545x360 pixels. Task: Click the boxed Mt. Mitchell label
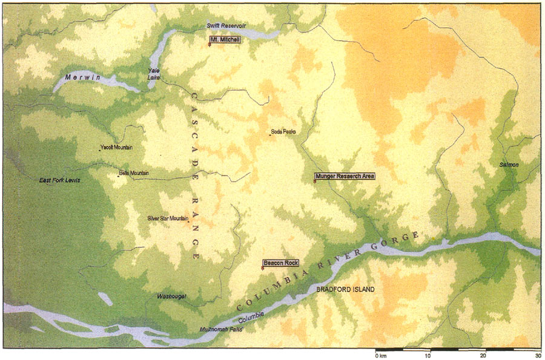[225, 39]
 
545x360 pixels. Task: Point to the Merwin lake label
[82, 77]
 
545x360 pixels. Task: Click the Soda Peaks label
[283, 131]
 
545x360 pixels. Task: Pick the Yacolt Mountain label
[117, 147]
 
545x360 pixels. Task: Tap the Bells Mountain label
[134, 173]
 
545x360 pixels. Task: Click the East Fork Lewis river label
[60, 180]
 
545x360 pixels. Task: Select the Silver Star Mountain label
[168, 218]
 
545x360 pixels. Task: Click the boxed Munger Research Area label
[344, 176]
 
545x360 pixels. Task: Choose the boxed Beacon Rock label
[282, 263]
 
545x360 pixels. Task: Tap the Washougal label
[172, 296]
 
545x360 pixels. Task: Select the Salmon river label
[509, 165]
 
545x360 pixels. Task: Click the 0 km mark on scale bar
[380, 355]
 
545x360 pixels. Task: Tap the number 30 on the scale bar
[537, 355]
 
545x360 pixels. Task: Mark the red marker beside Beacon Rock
[262, 268]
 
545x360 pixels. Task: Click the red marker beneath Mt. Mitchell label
[210, 45]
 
